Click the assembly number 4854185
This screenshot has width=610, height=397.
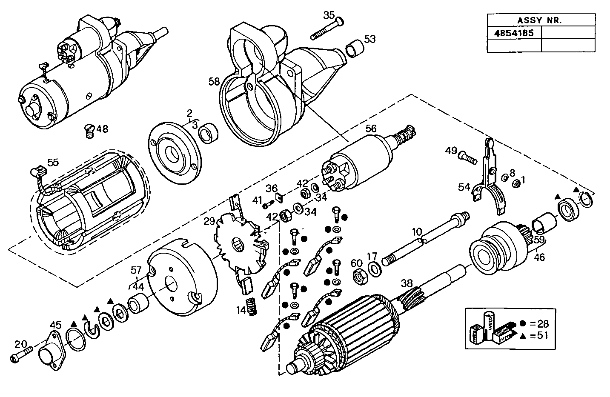(x=514, y=33)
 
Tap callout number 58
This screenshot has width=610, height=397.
(x=215, y=81)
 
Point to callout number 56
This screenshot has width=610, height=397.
(x=371, y=128)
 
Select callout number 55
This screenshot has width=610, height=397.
(x=53, y=162)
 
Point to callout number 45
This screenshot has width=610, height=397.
(x=55, y=325)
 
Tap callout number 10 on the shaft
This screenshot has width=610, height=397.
(x=417, y=232)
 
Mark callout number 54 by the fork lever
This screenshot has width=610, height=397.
(x=464, y=187)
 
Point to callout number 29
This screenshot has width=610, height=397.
(x=209, y=221)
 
